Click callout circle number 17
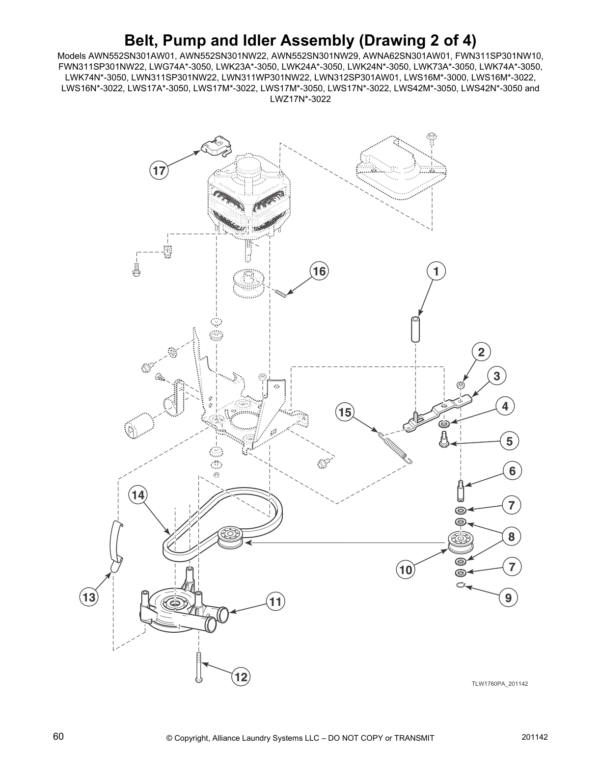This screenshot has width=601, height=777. (159, 171)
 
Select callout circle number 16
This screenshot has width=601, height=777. (319, 271)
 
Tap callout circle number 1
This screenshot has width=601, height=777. (436, 271)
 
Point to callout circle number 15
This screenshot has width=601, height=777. (345, 413)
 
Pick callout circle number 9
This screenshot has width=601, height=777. (508, 597)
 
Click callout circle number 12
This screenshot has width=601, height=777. (241, 677)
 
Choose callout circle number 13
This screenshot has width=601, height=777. (89, 597)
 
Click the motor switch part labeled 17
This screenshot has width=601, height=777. (216, 146)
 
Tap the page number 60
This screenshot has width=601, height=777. (58, 737)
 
